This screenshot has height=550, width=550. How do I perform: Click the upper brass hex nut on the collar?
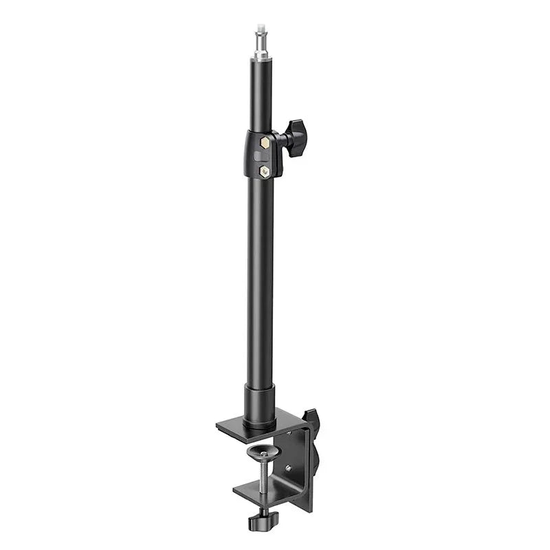click(263, 142)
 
